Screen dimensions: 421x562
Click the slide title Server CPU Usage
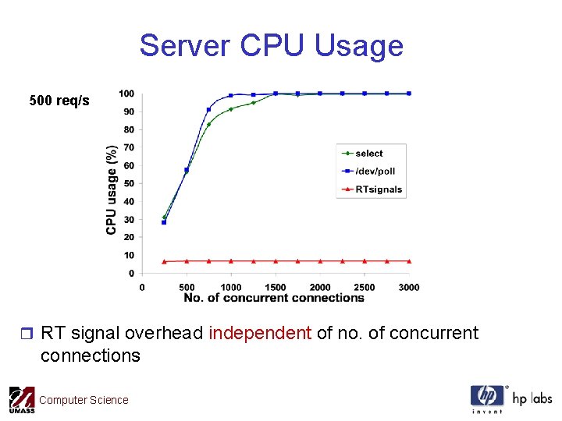point(271,46)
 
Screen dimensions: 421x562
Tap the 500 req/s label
point(59,101)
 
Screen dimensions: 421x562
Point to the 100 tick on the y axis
point(126,94)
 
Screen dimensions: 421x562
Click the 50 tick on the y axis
point(129,183)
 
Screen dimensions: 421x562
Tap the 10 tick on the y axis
point(129,255)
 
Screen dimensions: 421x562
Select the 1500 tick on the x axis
point(276,287)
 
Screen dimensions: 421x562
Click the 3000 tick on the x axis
point(409,287)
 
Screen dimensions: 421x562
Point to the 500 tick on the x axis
point(187,287)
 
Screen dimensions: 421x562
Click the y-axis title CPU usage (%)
point(112,189)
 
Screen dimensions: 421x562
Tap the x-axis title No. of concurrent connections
point(274,298)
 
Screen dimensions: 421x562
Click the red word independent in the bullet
point(260,334)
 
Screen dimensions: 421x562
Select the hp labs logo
point(510,398)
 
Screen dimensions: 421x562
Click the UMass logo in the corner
point(22,401)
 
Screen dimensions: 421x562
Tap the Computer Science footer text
point(84,400)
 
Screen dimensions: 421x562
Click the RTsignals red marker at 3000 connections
point(409,261)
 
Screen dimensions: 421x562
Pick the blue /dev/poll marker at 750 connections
point(208,110)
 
